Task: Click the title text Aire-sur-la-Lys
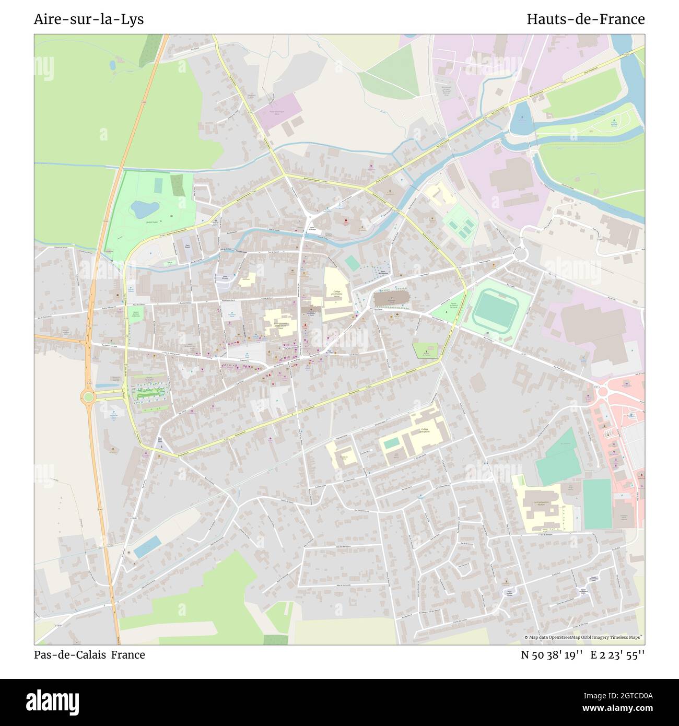[89, 19]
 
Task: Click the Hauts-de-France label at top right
[586, 19]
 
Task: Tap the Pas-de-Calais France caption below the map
[89, 654]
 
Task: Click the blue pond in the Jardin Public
[144, 209]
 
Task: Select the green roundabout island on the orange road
[88, 397]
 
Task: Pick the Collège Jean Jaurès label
[425, 431]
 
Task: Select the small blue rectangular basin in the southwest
[147, 546]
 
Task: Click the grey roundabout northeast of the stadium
[520, 254]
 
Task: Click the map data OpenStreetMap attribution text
[583, 638]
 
